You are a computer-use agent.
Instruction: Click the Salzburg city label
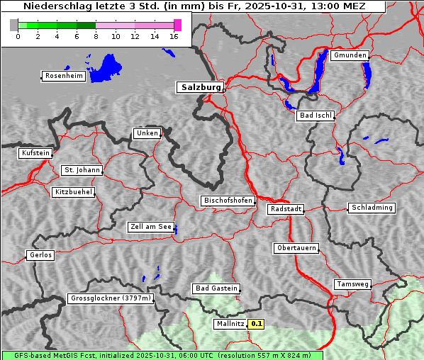pos(199,87)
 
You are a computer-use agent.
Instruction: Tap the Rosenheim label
pos(63,76)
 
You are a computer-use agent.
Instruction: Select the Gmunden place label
pos(350,55)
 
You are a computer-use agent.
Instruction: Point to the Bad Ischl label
pos(315,116)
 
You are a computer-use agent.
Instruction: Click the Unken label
pos(147,133)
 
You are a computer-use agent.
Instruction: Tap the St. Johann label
pos(82,170)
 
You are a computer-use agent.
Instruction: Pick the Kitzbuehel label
pos(73,192)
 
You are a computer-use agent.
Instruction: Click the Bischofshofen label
pos(228,201)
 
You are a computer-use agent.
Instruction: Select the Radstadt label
pos(286,209)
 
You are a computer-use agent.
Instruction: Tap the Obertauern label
pos(296,248)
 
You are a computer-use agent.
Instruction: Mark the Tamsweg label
pos(352,284)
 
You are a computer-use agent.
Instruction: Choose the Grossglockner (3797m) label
pos(111,298)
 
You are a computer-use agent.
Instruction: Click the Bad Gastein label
pos(216,288)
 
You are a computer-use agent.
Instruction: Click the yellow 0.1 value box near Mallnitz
pos(257,324)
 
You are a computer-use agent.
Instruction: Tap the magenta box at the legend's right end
pos(177,25)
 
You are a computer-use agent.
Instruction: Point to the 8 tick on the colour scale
pos(95,35)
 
